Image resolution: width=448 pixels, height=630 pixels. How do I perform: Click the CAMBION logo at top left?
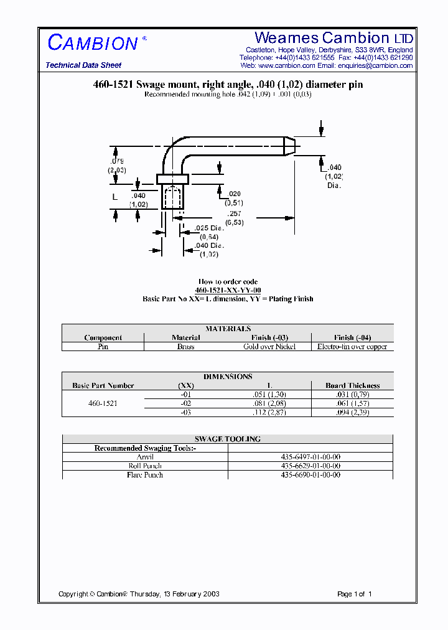point(93,42)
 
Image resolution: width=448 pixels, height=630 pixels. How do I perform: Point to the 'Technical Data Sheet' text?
point(83,65)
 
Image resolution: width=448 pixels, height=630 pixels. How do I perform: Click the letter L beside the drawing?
point(114,197)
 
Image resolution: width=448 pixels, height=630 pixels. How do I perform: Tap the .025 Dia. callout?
point(208,228)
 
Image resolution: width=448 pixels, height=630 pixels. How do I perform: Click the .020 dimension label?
point(235,195)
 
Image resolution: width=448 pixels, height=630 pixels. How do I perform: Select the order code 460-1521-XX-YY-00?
point(228,290)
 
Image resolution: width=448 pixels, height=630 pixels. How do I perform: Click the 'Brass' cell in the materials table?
point(185,347)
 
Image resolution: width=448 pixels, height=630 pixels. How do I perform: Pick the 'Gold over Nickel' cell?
point(269,347)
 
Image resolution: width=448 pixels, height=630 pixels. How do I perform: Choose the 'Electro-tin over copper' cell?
point(352,347)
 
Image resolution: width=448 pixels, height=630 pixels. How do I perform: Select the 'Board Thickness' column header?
point(352,385)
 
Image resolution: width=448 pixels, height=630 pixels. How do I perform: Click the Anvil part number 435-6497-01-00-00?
point(310,457)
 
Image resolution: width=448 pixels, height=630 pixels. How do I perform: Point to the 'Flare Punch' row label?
point(145,475)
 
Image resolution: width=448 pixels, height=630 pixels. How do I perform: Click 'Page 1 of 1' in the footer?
point(354,594)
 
